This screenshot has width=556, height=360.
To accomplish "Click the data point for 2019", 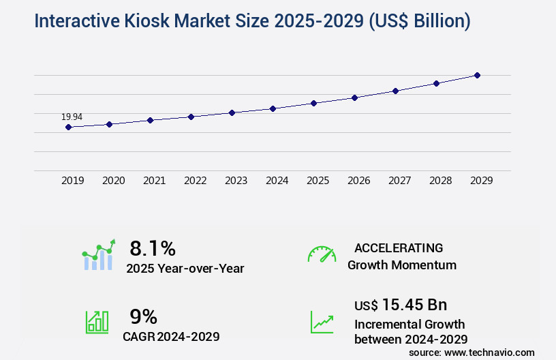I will coord(68,127).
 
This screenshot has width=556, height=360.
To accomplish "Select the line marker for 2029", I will coord(477,75).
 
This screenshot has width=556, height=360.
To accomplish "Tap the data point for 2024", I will coord(273,108).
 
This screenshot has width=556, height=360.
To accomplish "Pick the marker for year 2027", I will coord(395,91).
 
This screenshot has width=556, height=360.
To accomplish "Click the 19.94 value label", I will coord(72,117).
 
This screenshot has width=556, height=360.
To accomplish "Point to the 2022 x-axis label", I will coord(195,181).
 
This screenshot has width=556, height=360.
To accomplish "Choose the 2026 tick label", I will coord(358,181).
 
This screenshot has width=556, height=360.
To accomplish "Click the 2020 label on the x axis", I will coord(113,181).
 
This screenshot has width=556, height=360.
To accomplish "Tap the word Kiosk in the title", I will coord(148,22).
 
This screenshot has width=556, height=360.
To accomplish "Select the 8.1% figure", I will coord(153,248).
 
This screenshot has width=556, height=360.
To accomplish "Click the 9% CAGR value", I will coord(143,316).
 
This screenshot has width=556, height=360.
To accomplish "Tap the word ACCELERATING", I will coord(399,248).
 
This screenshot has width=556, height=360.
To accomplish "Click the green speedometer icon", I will coord(322,254).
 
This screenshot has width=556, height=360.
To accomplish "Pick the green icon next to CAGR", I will coord(97,322).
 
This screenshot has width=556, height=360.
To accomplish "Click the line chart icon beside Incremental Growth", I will coord(322,322).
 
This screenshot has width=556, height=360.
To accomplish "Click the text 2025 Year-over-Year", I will coord(185,269).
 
